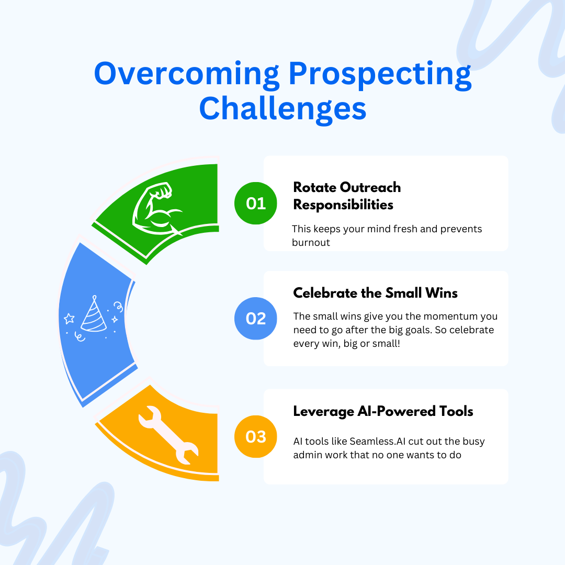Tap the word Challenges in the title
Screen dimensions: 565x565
(x=283, y=109)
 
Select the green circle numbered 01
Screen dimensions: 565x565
(x=255, y=203)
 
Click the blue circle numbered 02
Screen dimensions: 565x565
(x=255, y=319)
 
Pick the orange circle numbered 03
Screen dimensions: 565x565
(x=255, y=437)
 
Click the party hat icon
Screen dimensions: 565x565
(x=94, y=313)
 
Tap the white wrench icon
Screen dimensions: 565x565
(x=168, y=435)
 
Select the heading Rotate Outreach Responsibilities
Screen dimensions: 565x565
(x=347, y=196)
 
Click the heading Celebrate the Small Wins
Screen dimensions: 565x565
(x=375, y=293)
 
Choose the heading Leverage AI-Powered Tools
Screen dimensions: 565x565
(x=383, y=411)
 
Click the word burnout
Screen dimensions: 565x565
(x=311, y=243)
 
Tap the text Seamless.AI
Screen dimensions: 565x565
(x=377, y=442)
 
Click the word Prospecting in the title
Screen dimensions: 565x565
(x=380, y=75)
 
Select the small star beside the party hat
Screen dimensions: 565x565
(x=69, y=319)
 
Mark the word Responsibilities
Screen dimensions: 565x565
(x=343, y=205)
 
